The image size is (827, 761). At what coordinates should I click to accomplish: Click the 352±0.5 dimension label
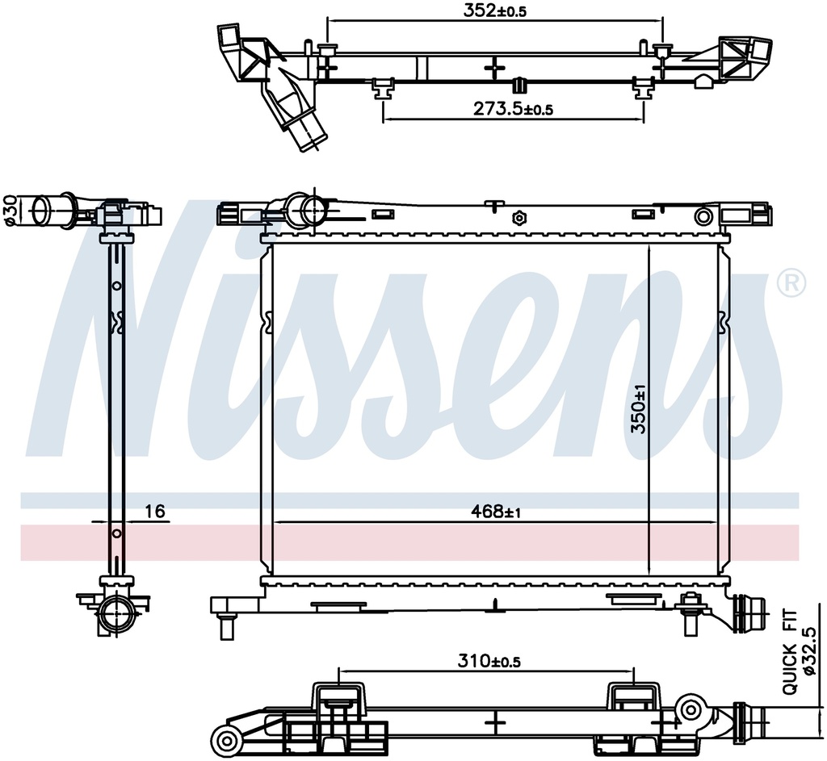pyautogui.click(x=495, y=10)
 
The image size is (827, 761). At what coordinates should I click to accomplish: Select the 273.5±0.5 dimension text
pyautogui.click(x=513, y=109)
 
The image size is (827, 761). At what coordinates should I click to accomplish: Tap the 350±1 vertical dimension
pyautogui.click(x=639, y=408)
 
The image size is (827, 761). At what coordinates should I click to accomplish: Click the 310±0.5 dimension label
pyautogui.click(x=489, y=661)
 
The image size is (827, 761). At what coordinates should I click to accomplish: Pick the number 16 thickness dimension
pyautogui.click(x=155, y=511)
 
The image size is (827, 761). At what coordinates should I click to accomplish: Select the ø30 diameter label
pyautogui.click(x=10, y=211)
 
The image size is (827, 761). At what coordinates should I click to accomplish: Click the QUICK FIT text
pyautogui.click(x=790, y=651)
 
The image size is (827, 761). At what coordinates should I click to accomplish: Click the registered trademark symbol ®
pyautogui.click(x=791, y=282)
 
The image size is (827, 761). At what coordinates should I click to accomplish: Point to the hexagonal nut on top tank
pyautogui.click(x=520, y=217)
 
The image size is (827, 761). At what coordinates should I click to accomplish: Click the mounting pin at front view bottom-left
pyautogui.click(x=227, y=627)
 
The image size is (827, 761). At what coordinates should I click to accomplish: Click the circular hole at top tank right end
pyautogui.click(x=703, y=216)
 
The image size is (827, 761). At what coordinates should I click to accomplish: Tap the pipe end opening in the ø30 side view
pyautogui.click(x=40, y=211)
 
